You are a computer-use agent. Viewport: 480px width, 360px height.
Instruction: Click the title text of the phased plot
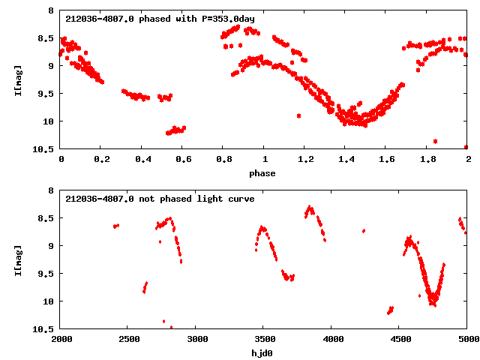pos(140,19)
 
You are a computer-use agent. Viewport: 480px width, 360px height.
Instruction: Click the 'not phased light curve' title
pos(160,199)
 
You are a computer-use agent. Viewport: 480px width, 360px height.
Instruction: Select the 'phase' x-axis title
pos(262,173)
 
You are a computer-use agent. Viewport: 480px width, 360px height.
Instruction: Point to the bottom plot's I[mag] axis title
pos(18,259)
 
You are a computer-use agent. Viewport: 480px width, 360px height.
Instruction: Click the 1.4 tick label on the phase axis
pos(346,159)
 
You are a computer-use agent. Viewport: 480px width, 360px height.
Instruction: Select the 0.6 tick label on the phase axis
pos(183,159)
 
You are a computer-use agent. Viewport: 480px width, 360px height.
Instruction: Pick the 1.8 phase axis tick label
pos(427,159)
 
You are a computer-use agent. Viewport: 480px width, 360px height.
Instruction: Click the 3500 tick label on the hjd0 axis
pos(265,339)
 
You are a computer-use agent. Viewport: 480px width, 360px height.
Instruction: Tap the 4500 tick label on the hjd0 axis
pos(400,339)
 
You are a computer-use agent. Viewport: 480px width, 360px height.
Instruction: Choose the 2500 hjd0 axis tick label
pos(129,339)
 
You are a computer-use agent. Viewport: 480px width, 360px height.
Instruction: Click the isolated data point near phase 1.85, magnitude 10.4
pos(435,141)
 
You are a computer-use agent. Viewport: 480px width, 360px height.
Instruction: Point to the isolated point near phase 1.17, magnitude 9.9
pos(298,116)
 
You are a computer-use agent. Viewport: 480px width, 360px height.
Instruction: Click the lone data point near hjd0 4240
pos(364,231)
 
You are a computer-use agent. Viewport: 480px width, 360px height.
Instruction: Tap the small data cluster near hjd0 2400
pos(115,226)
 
